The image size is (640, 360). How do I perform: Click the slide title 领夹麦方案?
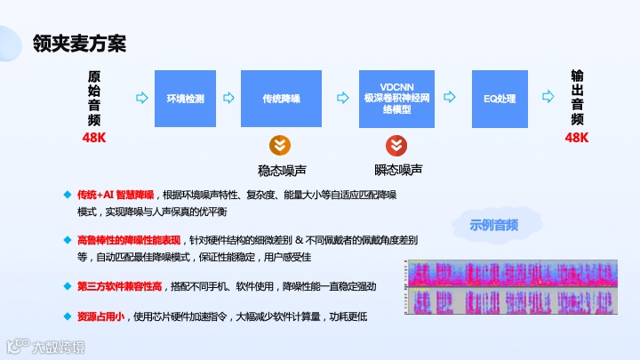(x=78, y=42)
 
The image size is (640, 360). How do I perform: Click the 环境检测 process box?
(x=186, y=99)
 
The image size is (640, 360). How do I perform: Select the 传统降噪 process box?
(x=281, y=99)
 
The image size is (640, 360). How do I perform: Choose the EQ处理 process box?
(x=500, y=99)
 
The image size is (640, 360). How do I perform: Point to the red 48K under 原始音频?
(x=94, y=138)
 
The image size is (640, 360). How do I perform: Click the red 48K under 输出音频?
(x=577, y=138)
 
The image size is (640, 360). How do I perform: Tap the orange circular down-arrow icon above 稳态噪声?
(x=279, y=147)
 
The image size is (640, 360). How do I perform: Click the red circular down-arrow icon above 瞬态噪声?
(x=396, y=147)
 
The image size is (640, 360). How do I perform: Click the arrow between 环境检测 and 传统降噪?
(x=226, y=99)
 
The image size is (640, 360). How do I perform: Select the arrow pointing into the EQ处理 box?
(x=452, y=99)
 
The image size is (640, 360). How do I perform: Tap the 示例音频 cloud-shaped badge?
(x=493, y=226)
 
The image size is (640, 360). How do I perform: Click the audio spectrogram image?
(x=511, y=290)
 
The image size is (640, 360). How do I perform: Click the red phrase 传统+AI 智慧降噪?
(x=116, y=195)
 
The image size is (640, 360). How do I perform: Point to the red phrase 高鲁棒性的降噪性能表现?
(x=128, y=240)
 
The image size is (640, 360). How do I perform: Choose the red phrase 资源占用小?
(x=100, y=316)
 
